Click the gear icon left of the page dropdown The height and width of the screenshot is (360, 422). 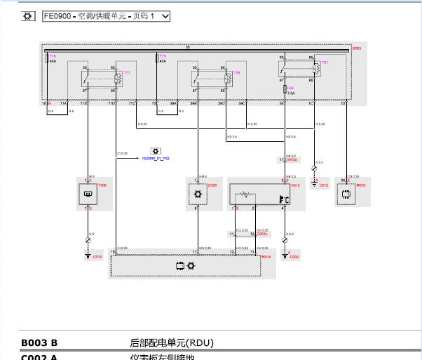point(27,15)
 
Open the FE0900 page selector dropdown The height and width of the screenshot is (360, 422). point(107,15)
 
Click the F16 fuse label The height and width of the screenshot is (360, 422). point(53,55)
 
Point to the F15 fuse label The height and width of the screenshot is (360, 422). point(163,55)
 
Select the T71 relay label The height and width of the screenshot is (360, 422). point(128,73)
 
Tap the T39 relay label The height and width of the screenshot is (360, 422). point(237,73)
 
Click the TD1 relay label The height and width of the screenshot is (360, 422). point(325,62)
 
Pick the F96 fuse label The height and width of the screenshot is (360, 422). point(290,88)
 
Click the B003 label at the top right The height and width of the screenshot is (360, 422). point(356,48)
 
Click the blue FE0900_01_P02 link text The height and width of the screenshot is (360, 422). point(156,159)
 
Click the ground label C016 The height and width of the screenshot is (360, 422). point(97,258)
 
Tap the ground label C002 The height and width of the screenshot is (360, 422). point(294,258)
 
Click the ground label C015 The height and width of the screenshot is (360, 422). point(323,186)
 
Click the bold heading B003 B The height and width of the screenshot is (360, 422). point(39,343)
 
